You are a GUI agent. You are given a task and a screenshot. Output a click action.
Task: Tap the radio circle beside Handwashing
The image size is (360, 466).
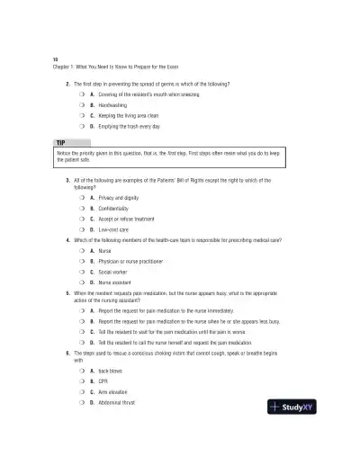click(81, 104)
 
